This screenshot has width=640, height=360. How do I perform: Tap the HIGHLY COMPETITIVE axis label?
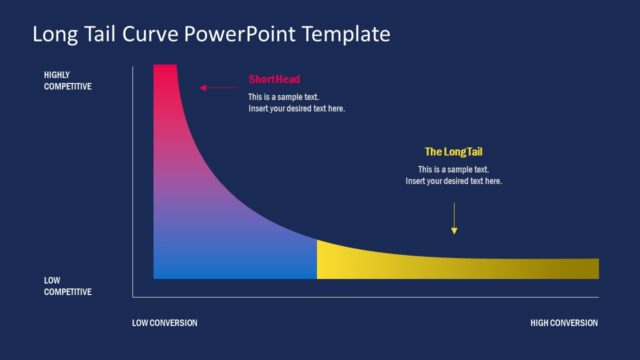67,81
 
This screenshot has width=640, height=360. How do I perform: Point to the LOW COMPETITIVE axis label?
67,287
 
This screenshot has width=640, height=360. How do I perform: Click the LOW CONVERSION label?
165,323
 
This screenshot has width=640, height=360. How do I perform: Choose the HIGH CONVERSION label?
564,323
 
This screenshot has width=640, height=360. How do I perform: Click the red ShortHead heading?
274,79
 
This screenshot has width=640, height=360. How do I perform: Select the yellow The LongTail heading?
453,152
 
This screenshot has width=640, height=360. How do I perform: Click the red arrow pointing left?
217,88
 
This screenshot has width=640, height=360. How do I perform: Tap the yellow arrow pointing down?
454,219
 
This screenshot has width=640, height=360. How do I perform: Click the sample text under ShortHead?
296,103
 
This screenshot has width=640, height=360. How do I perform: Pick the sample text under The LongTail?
453,175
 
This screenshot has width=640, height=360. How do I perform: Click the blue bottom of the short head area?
230,265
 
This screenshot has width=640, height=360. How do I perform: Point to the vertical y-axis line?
133,180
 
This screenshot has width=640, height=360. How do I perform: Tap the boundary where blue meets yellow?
317,259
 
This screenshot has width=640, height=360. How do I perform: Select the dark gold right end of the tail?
585,268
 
